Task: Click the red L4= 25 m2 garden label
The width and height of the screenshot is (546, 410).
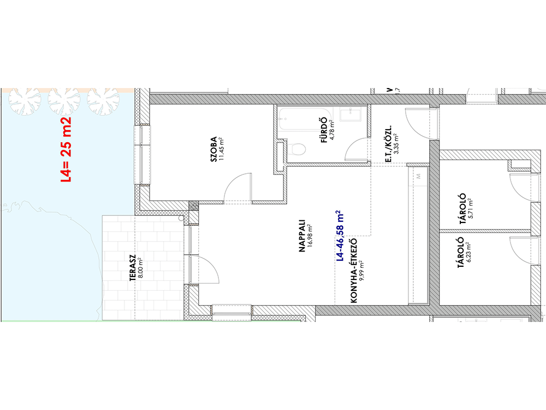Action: (x=66, y=150)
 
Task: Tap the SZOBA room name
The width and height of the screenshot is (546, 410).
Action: (x=213, y=149)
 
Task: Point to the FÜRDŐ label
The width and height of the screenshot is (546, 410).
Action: (x=324, y=130)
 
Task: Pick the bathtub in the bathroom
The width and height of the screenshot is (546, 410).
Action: (x=302, y=119)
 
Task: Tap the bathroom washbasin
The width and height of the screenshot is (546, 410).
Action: (x=351, y=114)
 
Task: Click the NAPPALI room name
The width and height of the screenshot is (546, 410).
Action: (x=302, y=236)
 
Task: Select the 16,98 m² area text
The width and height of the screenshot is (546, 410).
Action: (x=310, y=236)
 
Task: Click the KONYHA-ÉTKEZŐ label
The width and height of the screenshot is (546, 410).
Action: (x=354, y=271)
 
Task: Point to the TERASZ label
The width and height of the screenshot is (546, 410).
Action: (x=133, y=268)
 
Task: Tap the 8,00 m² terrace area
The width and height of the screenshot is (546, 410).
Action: (x=140, y=268)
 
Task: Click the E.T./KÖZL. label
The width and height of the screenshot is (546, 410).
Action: (x=388, y=144)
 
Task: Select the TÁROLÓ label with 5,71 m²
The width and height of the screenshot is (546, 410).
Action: (x=462, y=209)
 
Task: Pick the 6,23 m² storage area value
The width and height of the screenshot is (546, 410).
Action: (x=468, y=251)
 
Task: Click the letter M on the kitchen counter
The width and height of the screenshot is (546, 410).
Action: (x=419, y=176)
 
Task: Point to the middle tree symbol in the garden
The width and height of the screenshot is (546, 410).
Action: (x=64, y=101)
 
